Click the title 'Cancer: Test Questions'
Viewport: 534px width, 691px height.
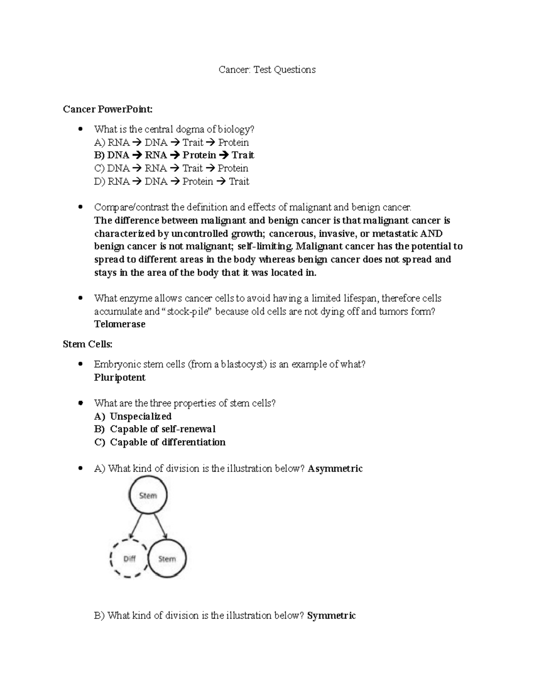pos(267,69)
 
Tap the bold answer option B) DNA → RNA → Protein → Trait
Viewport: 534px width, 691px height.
pos(174,155)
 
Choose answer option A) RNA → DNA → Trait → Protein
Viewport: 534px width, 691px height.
pos(171,142)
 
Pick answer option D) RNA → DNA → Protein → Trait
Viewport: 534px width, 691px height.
pos(171,181)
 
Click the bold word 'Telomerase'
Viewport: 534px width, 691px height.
pos(120,324)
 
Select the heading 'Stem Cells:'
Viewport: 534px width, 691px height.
pos(88,344)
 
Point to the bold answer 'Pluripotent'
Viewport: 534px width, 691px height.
pos(120,378)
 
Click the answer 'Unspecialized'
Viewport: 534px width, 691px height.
pos(141,416)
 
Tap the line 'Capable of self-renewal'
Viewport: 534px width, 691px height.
pos(162,429)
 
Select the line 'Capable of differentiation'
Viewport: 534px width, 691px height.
pos(167,442)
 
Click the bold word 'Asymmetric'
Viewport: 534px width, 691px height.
pos(336,469)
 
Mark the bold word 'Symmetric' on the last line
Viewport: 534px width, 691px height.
pos(332,616)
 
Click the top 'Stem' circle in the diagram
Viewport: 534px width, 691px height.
pos(148,495)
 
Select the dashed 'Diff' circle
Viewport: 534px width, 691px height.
pos(129,558)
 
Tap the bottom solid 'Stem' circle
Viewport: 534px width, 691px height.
pos(167,558)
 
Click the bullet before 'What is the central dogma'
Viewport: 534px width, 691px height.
pos(81,129)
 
